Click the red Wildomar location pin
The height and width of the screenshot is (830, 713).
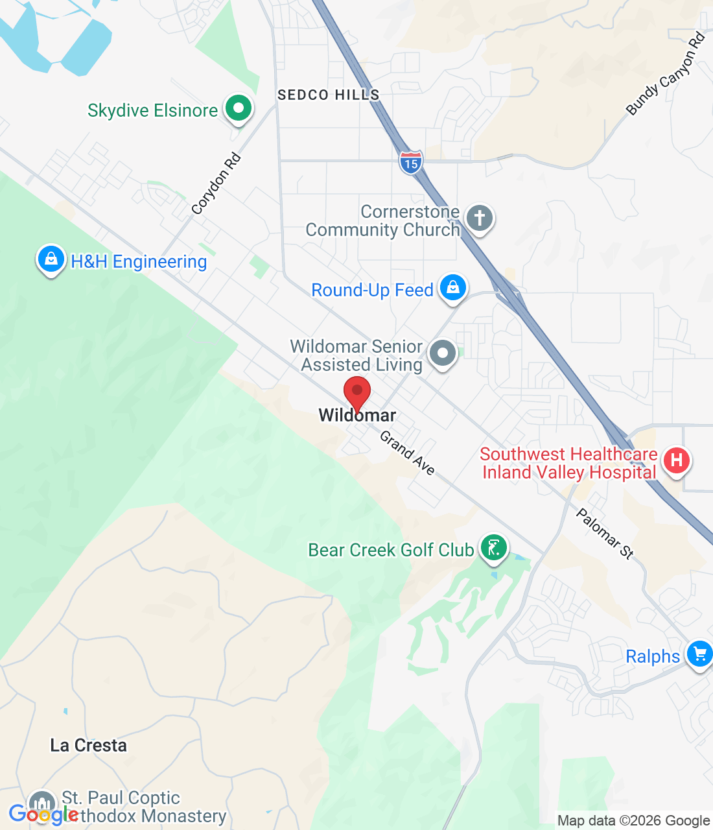click(x=356, y=392)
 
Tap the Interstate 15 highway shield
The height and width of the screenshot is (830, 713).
click(x=411, y=161)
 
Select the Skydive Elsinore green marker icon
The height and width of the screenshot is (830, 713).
click(x=239, y=108)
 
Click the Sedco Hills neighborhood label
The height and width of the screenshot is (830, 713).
click(x=328, y=95)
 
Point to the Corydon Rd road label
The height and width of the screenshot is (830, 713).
click(x=216, y=184)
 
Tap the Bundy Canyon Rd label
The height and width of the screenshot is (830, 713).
click(x=666, y=74)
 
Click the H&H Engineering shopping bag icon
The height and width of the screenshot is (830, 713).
click(x=51, y=259)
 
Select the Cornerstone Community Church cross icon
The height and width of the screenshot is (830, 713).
click(x=480, y=218)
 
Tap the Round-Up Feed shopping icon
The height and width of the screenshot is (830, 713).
click(x=453, y=287)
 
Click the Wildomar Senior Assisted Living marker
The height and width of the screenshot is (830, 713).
click(x=443, y=353)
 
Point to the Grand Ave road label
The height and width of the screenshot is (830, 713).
click(x=407, y=453)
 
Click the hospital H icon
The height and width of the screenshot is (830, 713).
click(x=677, y=460)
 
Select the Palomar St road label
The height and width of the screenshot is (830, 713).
click(x=605, y=534)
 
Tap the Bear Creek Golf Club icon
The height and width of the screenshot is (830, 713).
click(x=494, y=548)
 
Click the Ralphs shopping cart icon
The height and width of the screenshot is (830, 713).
click(x=699, y=654)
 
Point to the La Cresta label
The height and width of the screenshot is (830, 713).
click(x=89, y=745)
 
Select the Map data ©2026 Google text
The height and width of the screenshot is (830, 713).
click(x=633, y=821)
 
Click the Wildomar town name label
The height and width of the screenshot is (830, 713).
click(x=357, y=416)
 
